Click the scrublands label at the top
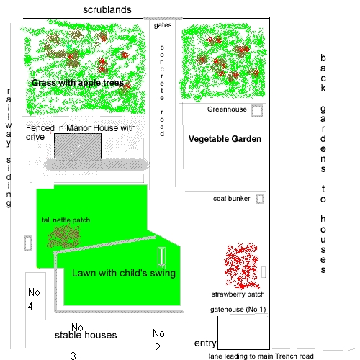[107, 9]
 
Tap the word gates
[163, 25]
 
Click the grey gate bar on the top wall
[163, 18]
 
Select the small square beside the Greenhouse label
[257, 111]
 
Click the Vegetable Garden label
[225, 139]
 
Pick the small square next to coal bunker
[260, 199]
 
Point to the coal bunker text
[231, 199]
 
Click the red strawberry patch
[242, 266]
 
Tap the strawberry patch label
[238, 294]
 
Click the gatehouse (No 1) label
[238, 309]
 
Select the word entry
[205, 343]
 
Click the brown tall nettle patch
[64, 237]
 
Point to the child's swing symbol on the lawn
[161, 257]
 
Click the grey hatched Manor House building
[78, 146]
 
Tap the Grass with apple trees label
[78, 83]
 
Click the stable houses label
[86, 335]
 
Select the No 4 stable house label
[34, 300]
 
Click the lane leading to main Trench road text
[261, 356]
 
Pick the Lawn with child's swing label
[124, 273]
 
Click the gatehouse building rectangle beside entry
[217, 333]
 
